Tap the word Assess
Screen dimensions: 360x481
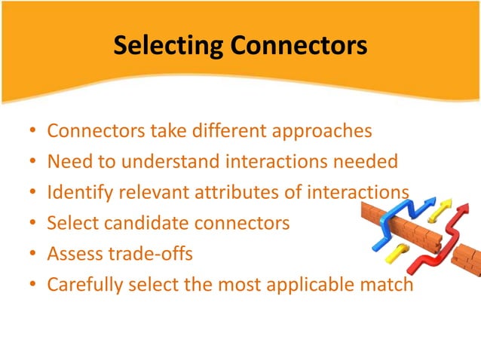coord(73,254)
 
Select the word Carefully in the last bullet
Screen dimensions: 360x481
coord(79,285)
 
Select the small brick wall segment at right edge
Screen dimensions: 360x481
coord(467,260)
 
